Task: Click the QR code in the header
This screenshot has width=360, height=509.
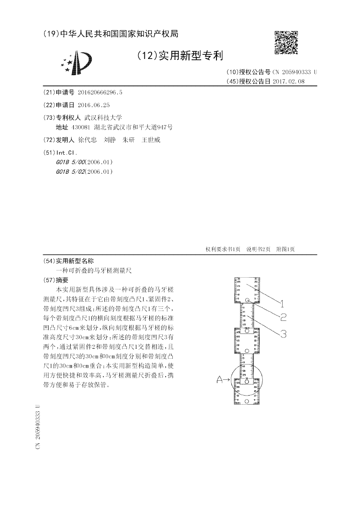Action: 286,42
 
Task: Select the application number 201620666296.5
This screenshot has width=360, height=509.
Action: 100,92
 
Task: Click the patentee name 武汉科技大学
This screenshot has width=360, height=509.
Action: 97,117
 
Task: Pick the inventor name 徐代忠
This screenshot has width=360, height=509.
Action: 87,140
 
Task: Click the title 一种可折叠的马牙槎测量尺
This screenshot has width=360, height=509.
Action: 93,270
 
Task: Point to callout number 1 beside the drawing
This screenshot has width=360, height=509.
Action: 278,303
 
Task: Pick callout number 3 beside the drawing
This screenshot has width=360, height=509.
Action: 283,333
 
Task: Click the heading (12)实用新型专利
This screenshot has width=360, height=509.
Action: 180,55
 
